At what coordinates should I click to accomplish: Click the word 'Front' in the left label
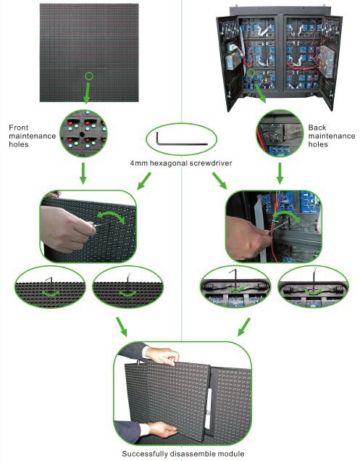point(19,128)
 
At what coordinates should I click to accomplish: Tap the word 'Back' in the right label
point(317,128)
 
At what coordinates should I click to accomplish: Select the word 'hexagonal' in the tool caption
point(168,163)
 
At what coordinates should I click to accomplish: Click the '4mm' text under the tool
point(139,163)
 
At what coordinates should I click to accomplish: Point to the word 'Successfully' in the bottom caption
point(145,453)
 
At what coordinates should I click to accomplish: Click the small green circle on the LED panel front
point(89,76)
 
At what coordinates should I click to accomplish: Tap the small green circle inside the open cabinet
point(251,72)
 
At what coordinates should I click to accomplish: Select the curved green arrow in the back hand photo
point(285,212)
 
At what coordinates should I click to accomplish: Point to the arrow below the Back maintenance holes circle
point(280,173)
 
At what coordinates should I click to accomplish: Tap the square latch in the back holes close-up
point(276,133)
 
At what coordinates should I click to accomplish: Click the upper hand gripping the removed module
point(162,356)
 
